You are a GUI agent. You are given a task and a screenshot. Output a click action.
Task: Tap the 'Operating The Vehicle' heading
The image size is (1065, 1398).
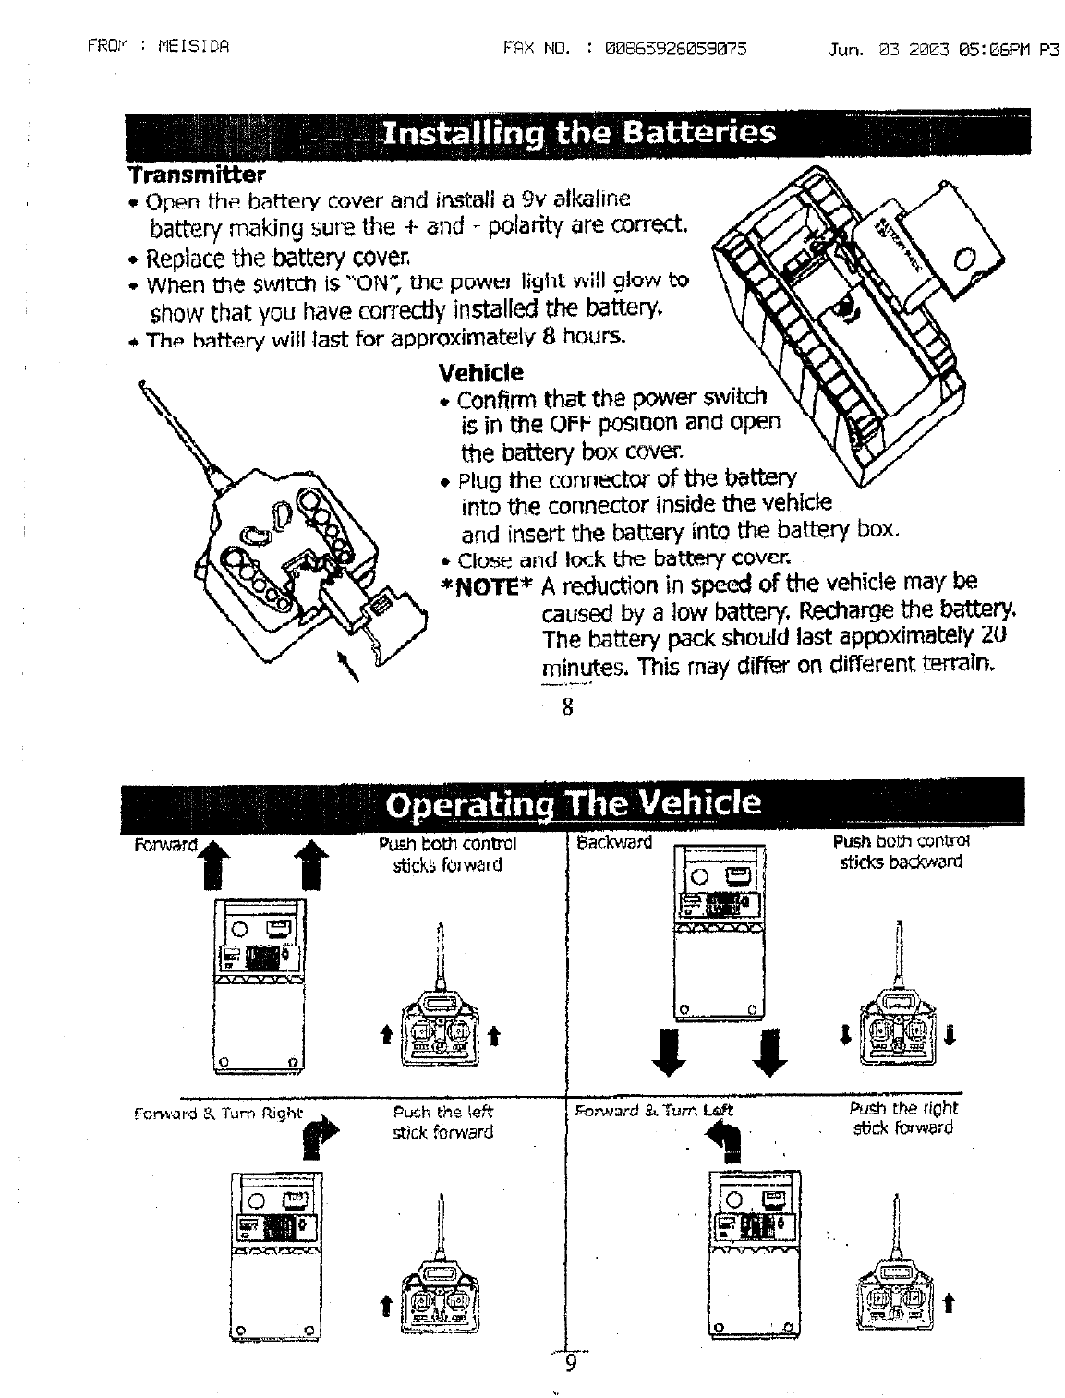click(572, 802)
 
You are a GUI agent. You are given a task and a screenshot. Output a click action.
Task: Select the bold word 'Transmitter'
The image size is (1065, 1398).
click(197, 175)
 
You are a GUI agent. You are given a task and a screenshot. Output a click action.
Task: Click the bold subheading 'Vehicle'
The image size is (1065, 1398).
click(480, 372)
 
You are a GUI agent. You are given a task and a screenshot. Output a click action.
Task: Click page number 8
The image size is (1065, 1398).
click(568, 708)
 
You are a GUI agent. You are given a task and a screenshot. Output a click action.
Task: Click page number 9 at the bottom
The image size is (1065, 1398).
click(570, 1364)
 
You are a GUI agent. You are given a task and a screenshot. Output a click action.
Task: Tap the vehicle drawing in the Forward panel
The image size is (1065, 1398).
click(260, 984)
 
